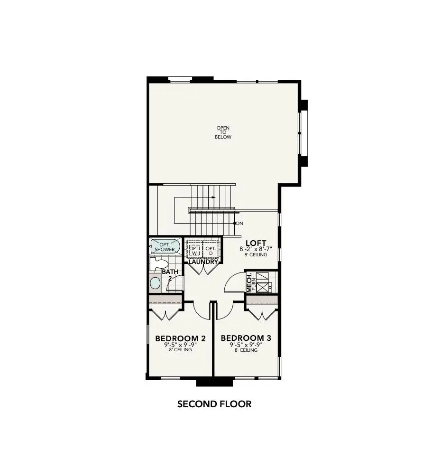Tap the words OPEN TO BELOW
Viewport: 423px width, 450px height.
click(223, 132)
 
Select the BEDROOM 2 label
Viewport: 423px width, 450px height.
click(180, 338)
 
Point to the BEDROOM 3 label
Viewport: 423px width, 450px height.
click(246, 338)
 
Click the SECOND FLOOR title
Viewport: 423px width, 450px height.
click(214, 404)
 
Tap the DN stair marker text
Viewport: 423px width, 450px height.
click(239, 223)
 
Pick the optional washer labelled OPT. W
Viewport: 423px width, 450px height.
click(194, 250)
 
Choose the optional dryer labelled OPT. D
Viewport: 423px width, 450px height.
click(211, 250)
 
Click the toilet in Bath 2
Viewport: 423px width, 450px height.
click(159, 263)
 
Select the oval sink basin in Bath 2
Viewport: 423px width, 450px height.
click(155, 283)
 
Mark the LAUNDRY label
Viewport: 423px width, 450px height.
click(203, 262)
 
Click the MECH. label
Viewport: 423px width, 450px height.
click(249, 282)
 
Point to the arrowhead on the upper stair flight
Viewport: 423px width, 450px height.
click(214, 197)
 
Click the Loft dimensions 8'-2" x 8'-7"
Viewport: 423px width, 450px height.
click(256, 249)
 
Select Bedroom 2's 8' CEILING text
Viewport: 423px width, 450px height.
click(180, 350)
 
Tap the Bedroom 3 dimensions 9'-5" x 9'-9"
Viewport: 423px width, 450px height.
click(246, 345)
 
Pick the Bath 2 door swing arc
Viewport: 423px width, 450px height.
click(176, 284)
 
